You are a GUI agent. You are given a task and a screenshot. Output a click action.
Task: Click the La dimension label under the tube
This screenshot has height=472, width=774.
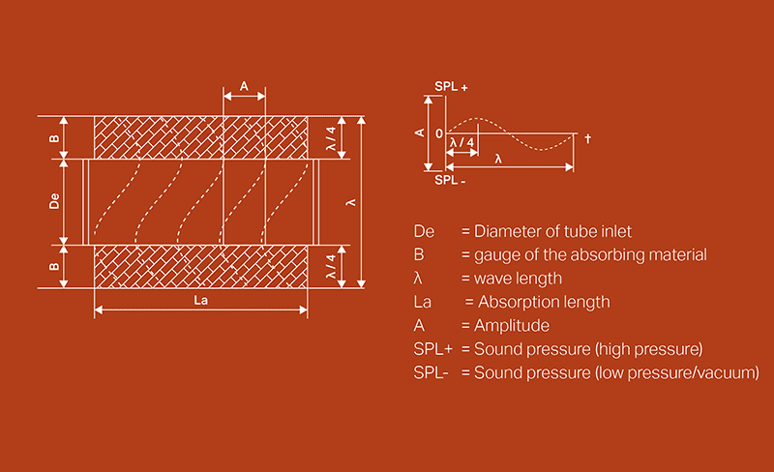201,300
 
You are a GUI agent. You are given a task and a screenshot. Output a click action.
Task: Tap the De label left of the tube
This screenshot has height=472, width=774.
54,201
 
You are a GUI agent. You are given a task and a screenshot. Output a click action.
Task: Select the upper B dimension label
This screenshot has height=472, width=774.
54,138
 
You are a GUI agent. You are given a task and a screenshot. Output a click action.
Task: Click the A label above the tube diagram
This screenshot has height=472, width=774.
245,86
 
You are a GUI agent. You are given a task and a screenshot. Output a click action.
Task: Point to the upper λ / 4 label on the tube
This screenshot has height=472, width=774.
331,138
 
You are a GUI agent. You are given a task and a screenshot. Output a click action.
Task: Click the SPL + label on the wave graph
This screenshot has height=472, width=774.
452,87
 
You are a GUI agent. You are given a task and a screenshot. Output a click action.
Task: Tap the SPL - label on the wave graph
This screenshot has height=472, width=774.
451,180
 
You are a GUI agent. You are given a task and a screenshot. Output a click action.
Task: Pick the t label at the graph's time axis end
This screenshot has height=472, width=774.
587,139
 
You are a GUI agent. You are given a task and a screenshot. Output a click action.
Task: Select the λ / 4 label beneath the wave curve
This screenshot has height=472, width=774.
461,142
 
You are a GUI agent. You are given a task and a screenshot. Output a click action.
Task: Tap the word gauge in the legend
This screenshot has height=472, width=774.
495,255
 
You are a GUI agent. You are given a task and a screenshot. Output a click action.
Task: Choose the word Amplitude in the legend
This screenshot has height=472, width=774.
512,326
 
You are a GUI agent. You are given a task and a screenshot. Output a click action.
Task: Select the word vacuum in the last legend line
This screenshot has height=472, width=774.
728,372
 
